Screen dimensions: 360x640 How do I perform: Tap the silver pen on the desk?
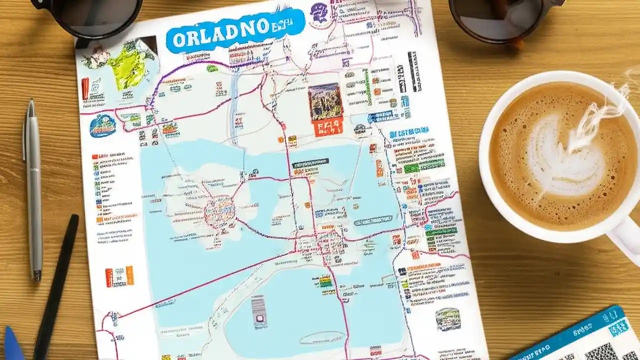(x=33, y=190)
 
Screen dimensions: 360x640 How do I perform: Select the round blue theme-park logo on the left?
(x=103, y=125)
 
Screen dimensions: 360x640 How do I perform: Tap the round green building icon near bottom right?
(x=447, y=319)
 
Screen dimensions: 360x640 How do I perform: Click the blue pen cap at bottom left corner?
(x=12, y=345)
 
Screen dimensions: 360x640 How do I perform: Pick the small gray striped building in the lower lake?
(x=259, y=309)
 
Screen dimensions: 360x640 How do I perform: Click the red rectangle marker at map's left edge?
(x=85, y=88)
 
